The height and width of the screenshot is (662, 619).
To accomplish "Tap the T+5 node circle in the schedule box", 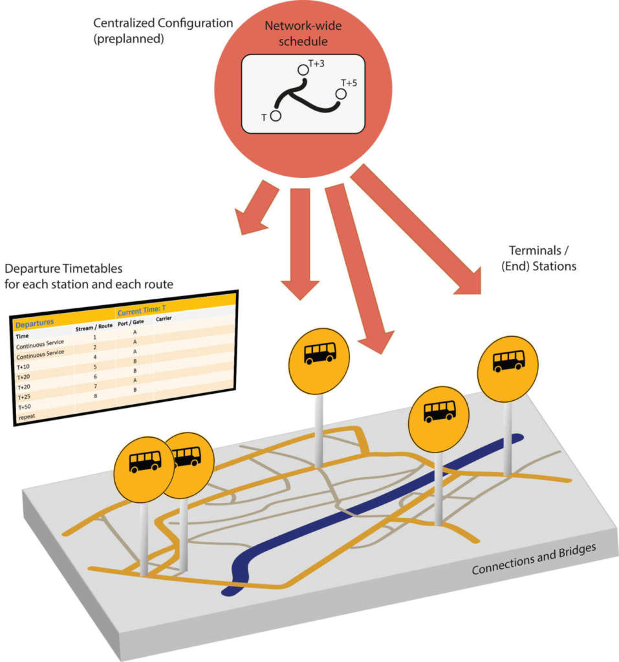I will click(341, 94).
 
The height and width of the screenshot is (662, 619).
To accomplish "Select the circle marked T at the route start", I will click(276, 116).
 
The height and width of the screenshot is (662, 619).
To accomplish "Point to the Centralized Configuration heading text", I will click(162, 23).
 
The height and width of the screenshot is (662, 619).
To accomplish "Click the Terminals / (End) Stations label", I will click(542, 257).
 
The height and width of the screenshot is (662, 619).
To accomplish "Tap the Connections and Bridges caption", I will click(534, 561).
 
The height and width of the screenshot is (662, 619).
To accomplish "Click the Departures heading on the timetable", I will click(36, 322).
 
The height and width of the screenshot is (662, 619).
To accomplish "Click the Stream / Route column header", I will click(94, 327).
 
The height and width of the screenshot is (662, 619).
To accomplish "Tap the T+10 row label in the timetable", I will click(23, 366).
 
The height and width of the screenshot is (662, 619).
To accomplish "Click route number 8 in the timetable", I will click(95, 395).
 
